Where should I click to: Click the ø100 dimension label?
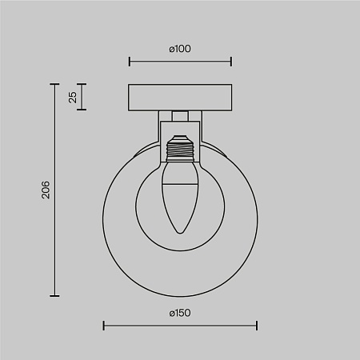click(180, 49)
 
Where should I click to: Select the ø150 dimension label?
click(180, 313)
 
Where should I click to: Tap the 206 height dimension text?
click(46, 190)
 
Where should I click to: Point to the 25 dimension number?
click(73, 97)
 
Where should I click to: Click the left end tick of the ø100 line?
click(130, 62)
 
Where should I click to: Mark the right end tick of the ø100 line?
click(231, 62)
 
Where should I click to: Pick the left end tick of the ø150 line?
click(104, 326)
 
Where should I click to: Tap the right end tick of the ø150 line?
click(257, 326)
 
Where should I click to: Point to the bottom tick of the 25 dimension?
click(82, 110)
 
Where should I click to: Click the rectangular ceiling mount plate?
click(180, 96)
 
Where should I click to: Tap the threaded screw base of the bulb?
click(180, 149)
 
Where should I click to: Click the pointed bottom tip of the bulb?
click(180, 234)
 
